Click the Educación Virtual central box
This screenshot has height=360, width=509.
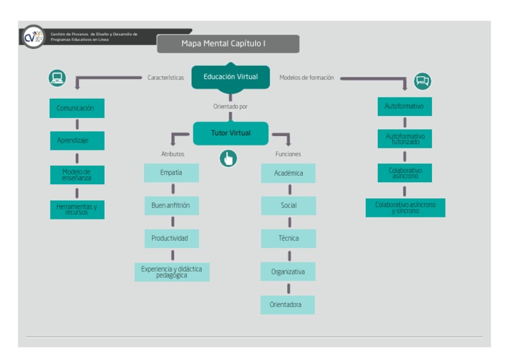pos(231,77)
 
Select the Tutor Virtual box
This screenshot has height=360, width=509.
pos(231,133)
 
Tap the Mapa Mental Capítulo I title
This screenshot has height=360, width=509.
pos(228,44)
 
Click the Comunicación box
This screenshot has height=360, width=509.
pos(77,108)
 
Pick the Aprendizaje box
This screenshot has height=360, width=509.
pos(77,141)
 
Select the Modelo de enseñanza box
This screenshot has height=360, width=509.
pos(77,175)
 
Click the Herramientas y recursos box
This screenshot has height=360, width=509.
pos(77,210)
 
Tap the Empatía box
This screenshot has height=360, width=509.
pos(171,173)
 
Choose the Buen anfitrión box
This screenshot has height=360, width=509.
pos(171,206)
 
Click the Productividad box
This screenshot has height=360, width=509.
pos(171,238)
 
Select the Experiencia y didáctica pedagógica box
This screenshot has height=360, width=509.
pos(172,272)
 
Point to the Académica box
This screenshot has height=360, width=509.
pos(288,173)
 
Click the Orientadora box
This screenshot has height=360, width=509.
pos(287,305)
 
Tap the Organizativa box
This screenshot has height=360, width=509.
pos(288,272)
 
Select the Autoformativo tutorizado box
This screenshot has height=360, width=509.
pos(404,139)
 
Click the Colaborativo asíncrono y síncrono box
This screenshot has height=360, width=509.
pos(405,208)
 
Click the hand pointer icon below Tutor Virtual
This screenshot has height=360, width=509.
pos(228,158)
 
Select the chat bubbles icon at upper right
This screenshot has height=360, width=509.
pos(422,81)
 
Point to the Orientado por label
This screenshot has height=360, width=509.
pos(230,106)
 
